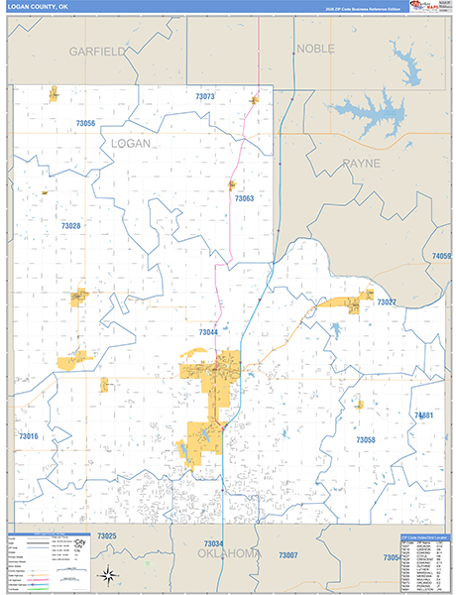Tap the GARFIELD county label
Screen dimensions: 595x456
pos(96,51)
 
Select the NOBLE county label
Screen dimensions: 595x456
pos(315,48)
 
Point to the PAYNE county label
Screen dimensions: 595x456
pos(362,163)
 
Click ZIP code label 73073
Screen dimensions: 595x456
pos(205,96)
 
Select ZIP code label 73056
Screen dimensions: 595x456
pos(85,123)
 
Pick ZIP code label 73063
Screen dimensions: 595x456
pos(245,198)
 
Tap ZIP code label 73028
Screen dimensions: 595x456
pos(70,226)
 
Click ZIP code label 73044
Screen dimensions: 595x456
pos(208,332)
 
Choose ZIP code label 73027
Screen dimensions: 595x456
pos(387,301)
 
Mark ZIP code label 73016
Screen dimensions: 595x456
pos(28,436)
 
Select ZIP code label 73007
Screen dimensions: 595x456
pos(287,555)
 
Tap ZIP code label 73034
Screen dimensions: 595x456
pos(213,543)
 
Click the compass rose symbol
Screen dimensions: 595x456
pos(106,574)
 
